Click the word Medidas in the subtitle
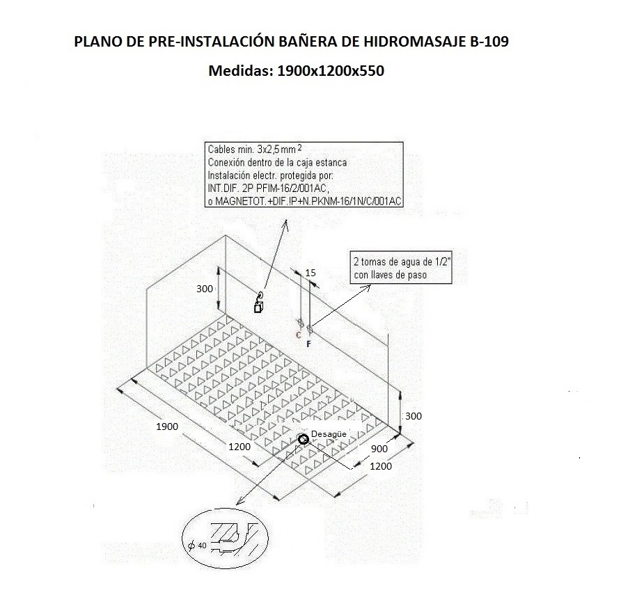click(x=238, y=70)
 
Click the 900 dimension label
click(x=379, y=449)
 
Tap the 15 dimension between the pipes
click(x=310, y=273)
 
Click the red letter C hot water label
click(x=298, y=335)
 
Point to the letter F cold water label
click(x=308, y=344)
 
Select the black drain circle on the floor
click(x=303, y=439)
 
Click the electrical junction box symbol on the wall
click(x=259, y=307)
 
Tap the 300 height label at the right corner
click(x=413, y=416)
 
